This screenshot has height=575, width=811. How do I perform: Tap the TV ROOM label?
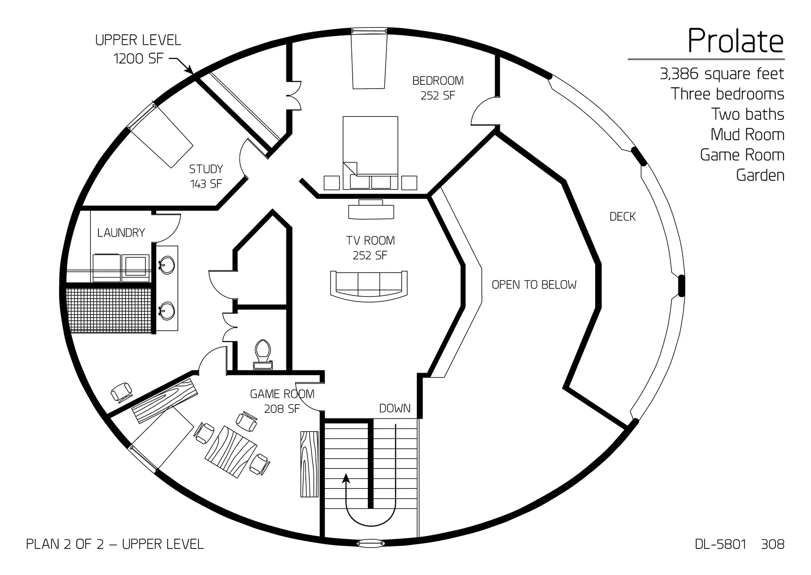370,248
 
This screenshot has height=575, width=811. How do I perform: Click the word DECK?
622,217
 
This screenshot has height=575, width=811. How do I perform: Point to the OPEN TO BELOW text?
534,285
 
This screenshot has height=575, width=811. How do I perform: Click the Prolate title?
735,41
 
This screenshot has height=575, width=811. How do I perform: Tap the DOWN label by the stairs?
395,408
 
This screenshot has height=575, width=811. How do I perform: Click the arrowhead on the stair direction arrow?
346,478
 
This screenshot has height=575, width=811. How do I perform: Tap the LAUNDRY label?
121,233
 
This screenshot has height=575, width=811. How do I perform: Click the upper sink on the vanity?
166,265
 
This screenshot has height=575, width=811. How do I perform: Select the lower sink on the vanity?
166,310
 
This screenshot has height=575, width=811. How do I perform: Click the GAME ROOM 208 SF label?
282,401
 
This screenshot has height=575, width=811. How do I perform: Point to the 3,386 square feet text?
721,74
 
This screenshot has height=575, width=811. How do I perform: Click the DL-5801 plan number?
720,544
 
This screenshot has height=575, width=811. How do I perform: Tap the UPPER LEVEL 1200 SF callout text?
138,49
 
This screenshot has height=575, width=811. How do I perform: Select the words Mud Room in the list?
747,135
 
